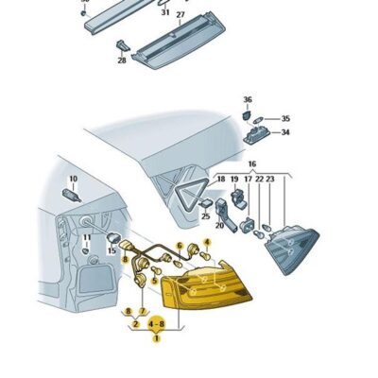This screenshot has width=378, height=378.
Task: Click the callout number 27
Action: [180, 15]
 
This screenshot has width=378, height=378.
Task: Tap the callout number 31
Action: [165, 12]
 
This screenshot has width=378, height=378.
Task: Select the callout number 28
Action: [122, 60]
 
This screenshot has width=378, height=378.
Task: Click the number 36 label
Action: [248, 99]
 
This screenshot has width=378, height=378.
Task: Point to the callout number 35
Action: [285, 119]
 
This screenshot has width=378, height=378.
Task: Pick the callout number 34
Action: [285, 132]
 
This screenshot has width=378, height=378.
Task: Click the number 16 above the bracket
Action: [252, 163]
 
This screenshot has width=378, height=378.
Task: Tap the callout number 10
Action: [73, 179]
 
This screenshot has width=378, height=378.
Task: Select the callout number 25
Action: [205, 216]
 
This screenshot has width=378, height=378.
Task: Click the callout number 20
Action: [219, 226]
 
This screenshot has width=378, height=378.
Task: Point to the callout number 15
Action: [112, 250]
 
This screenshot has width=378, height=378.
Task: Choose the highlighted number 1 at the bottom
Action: [156, 338]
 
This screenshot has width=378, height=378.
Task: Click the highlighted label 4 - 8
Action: [157, 324]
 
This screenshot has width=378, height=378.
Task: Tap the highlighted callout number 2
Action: [136, 324]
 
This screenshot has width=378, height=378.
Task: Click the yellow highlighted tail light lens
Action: [206, 285]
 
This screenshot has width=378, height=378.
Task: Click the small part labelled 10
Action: [72, 195]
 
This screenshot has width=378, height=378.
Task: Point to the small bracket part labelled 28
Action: [123, 45]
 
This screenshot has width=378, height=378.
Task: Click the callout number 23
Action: [270, 179]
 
